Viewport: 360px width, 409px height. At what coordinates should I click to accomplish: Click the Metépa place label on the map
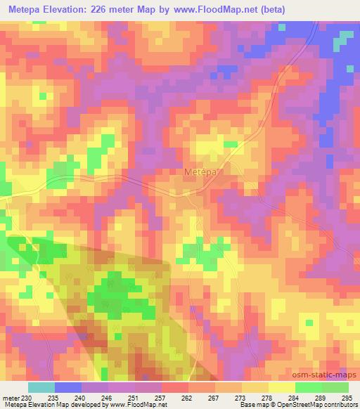[x=201, y=171]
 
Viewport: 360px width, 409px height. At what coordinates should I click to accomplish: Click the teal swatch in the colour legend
[x=41, y=387]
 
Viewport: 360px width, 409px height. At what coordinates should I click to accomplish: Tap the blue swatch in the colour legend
[x=68, y=387]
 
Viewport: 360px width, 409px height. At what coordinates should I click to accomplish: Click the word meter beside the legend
[x=10, y=398]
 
